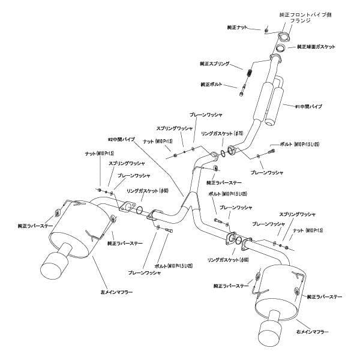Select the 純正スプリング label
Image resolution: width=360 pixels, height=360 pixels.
(215, 62)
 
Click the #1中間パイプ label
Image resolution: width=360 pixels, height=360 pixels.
(307, 106)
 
